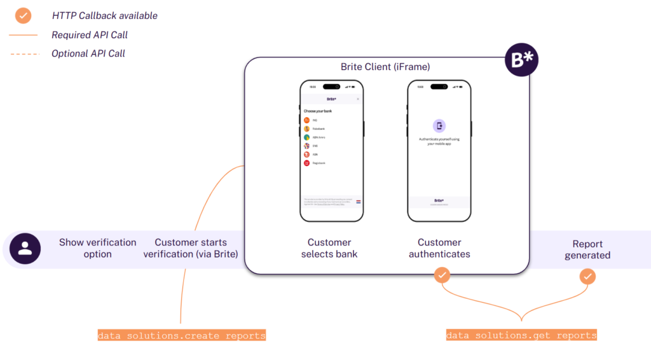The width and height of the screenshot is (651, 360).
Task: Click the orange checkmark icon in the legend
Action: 24,15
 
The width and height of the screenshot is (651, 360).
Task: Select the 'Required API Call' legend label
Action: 90,35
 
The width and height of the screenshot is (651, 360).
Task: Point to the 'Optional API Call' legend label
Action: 88,53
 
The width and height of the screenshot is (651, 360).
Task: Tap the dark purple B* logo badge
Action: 521,61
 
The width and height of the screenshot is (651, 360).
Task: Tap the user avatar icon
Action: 25,248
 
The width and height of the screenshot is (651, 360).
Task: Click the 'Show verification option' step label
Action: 98,248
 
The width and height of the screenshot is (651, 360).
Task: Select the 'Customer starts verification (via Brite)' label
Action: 191,248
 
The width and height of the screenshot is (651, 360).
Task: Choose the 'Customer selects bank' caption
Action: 329,248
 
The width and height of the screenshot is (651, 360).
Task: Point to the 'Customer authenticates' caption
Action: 439,248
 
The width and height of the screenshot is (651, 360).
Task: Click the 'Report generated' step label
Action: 587,249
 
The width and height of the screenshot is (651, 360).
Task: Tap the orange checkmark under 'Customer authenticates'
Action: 442,275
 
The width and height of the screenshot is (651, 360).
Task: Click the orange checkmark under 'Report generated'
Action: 588,276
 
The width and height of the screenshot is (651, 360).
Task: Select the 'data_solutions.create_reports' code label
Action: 182,335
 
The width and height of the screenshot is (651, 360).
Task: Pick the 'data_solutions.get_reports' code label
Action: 521,335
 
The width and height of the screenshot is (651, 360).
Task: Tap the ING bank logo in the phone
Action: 306,120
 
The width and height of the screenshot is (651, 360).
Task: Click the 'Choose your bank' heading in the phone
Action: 318,111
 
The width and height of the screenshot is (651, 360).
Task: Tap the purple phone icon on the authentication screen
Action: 439,126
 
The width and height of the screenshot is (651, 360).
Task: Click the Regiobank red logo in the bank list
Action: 306,163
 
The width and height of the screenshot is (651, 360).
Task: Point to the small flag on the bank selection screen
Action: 359,202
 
